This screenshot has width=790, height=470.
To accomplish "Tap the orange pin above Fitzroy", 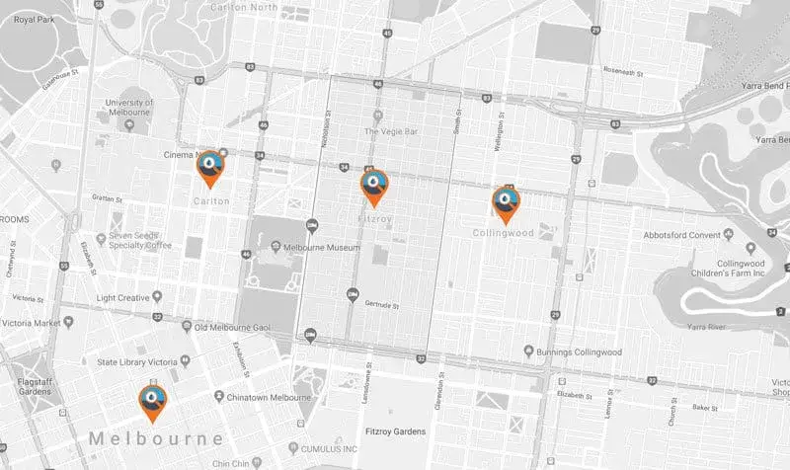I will [374, 184].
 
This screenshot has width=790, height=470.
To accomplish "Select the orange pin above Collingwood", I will [506, 202].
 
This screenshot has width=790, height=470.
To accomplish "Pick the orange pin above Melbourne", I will [152, 401].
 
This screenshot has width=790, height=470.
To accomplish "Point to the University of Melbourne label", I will [129, 109].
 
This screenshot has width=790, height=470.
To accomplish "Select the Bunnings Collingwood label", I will [580, 352].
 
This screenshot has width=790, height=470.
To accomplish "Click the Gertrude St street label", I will [381, 303].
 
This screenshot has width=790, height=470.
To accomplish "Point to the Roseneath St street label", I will [623, 73].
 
